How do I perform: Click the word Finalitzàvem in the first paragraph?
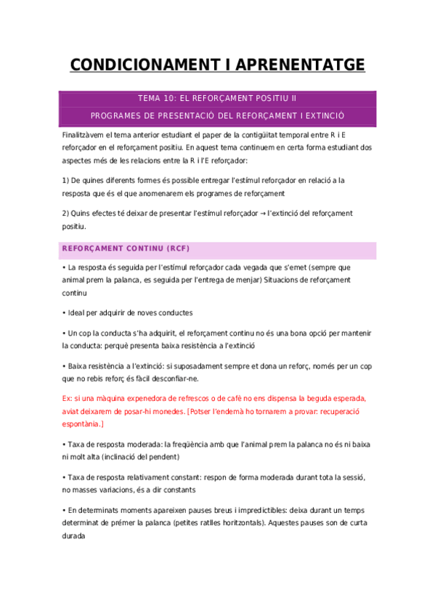pyautogui.click(x=86, y=135)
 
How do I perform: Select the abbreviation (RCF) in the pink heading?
pyautogui.click(x=176, y=248)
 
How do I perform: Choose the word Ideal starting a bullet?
pyautogui.click(x=78, y=313)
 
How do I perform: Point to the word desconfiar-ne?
pyautogui.click(x=174, y=378)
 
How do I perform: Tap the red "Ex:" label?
pyautogui.click(x=68, y=398)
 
